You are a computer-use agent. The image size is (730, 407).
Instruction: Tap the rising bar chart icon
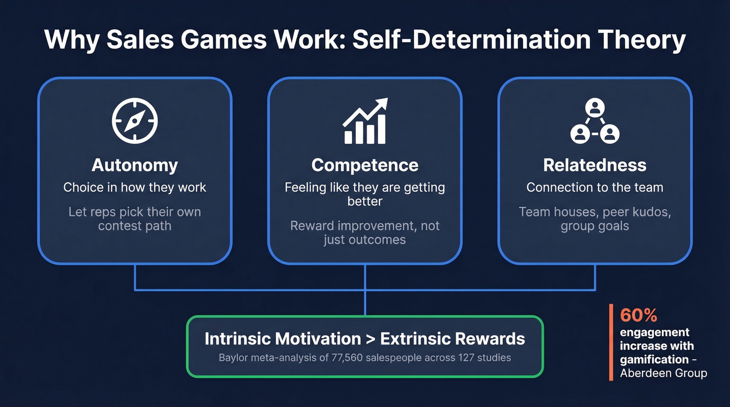[365, 121]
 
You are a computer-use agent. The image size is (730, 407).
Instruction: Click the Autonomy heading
[135, 165]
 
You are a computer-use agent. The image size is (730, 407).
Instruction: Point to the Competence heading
[365, 165]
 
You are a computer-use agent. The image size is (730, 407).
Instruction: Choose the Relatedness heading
[594, 165]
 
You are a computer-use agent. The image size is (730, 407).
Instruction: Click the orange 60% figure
[638, 315]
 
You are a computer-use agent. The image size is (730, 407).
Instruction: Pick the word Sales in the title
[132, 41]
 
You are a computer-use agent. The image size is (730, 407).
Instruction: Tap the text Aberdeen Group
[663, 373]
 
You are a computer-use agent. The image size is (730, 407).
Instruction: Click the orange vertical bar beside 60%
[611, 342]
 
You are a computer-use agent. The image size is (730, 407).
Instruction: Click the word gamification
[654, 359]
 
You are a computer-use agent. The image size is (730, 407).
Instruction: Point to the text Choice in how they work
[135, 188]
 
